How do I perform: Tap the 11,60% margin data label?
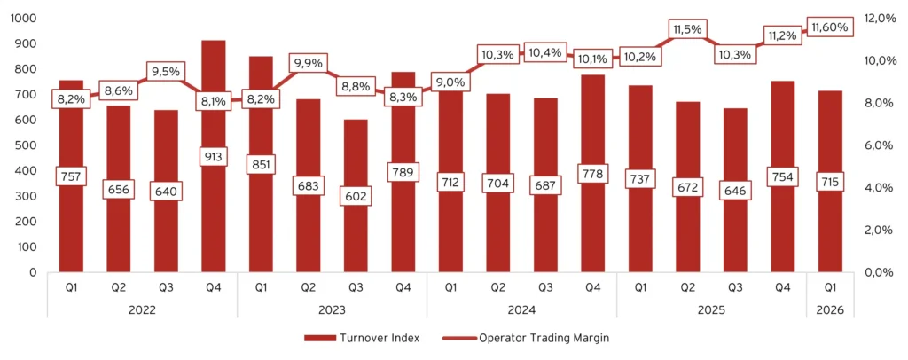click(830, 27)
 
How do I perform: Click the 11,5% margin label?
click(688, 29)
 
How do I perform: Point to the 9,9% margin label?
click(309, 63)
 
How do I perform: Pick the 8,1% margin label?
click(214, 100)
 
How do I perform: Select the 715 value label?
click(830, 181)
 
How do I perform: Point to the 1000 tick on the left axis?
click(19, 18)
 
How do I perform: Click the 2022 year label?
click(142, 309)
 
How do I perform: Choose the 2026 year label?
click(830, 309)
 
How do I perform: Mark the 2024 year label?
click(521, 309)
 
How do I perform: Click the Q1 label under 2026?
click(830, 287)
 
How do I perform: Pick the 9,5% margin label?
click(166, 72)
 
